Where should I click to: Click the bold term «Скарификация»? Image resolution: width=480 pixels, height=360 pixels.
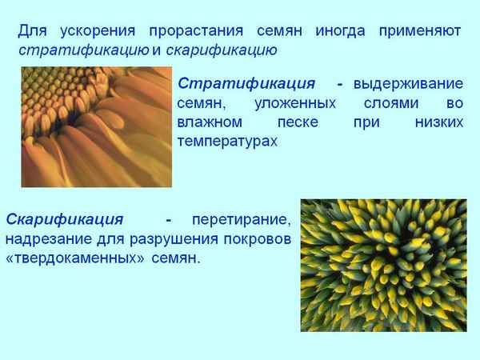65,219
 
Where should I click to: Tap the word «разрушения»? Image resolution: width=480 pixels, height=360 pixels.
186,239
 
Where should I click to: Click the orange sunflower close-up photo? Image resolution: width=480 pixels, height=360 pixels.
96,127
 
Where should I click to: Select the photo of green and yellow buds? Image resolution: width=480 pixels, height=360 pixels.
383,265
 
